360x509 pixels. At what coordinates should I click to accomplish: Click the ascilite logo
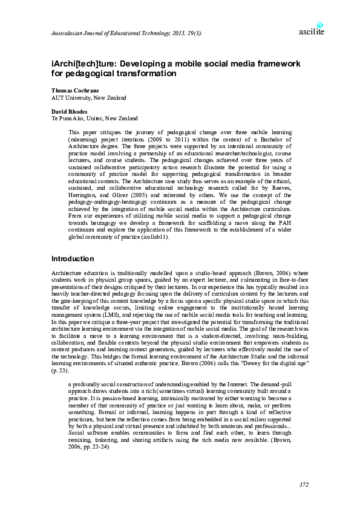point(312,30)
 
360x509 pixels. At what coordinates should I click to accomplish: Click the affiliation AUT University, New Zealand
point(88,97)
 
